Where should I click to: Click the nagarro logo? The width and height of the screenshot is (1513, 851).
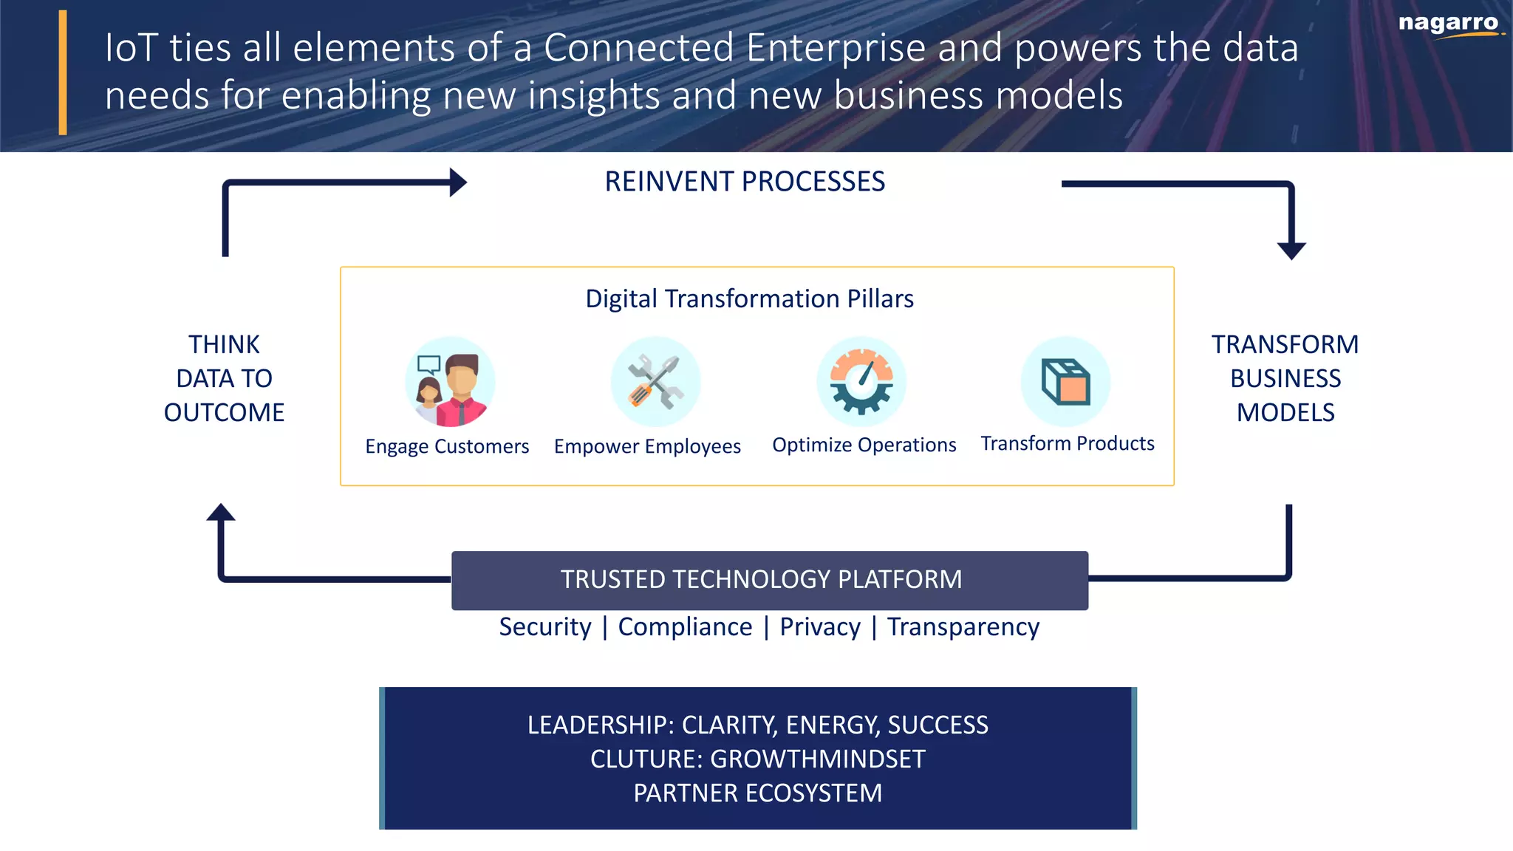1449,24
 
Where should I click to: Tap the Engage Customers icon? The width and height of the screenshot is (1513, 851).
450,382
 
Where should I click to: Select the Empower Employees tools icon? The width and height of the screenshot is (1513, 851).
655,382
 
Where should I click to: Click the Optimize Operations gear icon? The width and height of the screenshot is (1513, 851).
861,382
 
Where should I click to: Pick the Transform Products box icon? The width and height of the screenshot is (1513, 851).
1065,382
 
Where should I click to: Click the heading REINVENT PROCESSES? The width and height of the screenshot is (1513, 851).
745,182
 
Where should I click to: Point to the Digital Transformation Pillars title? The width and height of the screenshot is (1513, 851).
749,298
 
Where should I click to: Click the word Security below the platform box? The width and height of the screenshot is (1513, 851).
545,626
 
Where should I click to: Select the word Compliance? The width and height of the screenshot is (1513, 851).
685,626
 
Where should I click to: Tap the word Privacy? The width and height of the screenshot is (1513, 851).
820,626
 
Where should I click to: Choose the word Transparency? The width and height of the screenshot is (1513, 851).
963,626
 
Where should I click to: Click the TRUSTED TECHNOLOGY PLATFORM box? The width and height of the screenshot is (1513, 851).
769,580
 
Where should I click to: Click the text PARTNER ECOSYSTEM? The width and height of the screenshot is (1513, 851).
757,793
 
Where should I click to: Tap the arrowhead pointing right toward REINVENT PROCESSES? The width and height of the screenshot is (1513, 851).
458,182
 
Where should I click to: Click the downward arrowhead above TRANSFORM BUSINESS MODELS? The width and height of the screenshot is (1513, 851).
1291,250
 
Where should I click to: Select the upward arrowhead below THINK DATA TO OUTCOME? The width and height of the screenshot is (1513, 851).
221,513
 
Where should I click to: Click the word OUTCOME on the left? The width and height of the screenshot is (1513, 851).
224,412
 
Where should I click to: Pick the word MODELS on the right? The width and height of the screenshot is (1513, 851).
1285,412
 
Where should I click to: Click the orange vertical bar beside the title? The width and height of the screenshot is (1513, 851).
63,72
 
